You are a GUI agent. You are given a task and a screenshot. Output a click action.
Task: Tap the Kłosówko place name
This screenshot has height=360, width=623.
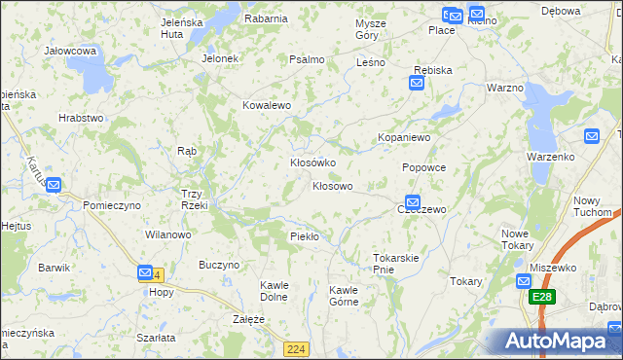pos(313,162)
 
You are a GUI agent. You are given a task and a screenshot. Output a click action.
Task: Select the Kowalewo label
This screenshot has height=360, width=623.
pos(267,105)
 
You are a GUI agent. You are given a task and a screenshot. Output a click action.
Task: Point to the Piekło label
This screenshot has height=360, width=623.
pos(305,236)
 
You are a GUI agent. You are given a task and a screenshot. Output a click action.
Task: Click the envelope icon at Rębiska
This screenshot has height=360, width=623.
pos(416,84)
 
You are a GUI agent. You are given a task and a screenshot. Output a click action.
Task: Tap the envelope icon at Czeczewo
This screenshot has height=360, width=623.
pos(413,202)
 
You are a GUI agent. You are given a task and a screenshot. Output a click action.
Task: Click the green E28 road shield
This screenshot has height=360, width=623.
pos(543,297)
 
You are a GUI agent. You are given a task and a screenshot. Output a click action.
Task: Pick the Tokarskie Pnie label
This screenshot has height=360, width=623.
pos(395,264)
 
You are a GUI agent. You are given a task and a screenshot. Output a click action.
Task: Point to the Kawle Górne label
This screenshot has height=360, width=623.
pos(344,296)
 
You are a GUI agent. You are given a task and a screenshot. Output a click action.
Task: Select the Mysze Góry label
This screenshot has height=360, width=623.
pos(370,29)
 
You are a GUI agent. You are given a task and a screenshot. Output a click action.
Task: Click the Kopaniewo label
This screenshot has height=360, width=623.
pos(404,138)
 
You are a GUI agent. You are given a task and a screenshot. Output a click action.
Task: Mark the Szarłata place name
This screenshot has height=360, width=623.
pos(156,337)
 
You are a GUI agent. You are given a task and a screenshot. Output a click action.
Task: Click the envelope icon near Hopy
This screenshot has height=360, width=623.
pos(145,273)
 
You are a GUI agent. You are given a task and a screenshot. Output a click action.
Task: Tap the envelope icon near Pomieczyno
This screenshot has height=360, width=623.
pos(54,185)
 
